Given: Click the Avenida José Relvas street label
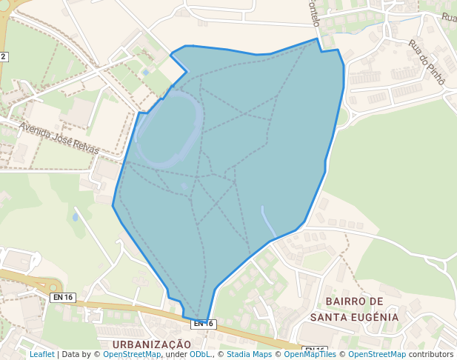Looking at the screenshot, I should point(59,137).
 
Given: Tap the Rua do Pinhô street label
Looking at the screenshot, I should point(426,61).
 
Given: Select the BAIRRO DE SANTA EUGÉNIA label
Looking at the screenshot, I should point(354,309).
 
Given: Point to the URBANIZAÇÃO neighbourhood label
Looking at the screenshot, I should point(152,344).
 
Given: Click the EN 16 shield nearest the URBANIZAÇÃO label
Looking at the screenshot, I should point(203,324).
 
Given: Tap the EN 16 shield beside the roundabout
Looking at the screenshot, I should point(63,297).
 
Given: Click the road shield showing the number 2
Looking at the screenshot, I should point(4,56).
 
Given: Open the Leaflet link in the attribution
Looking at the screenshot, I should point(41,354).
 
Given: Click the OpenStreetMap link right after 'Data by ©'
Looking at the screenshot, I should point(132,354).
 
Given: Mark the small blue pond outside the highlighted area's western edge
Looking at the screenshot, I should point(75,217).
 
